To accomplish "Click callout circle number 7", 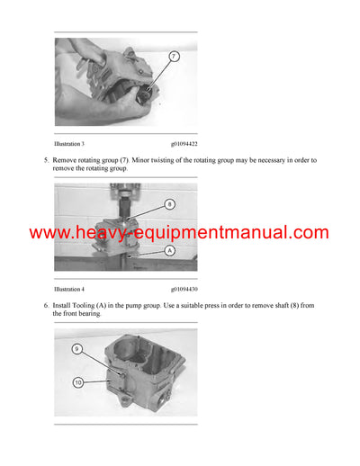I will coord(174,57).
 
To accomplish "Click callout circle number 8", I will coord(170,204).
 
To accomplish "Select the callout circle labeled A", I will coord(170,253).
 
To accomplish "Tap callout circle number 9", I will coord(77,348).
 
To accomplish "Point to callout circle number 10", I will coord(77,381).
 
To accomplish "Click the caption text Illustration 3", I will coord(69,142).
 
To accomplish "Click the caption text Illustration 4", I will coord(69,290).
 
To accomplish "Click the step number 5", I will coord(45,160).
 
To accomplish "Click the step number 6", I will coord(45,307).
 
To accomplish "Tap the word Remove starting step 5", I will coord(66,160).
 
